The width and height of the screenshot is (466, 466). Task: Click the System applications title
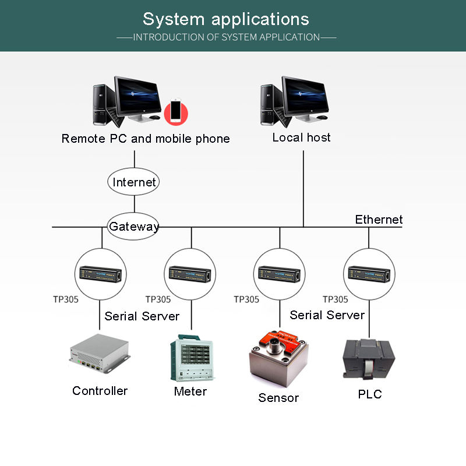tap(226, 19)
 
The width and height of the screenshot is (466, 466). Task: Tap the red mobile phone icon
tap(175, 111)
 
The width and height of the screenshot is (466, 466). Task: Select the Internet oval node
tap(135, 182)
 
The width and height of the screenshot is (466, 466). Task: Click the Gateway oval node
tap(134, 227)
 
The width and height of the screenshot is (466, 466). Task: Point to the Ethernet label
tap(379, 220)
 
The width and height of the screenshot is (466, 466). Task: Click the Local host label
tap(301, 137)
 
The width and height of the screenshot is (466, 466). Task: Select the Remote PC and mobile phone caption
tap(146, 139)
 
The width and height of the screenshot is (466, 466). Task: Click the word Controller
tap(100, 391)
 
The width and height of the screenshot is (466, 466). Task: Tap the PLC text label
tap(369, 394)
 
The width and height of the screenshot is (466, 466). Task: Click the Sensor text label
tap(278, 398)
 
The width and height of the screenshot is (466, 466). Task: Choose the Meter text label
tap(190, 391)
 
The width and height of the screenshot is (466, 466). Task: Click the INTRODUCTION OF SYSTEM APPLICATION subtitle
tap(227, 37)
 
